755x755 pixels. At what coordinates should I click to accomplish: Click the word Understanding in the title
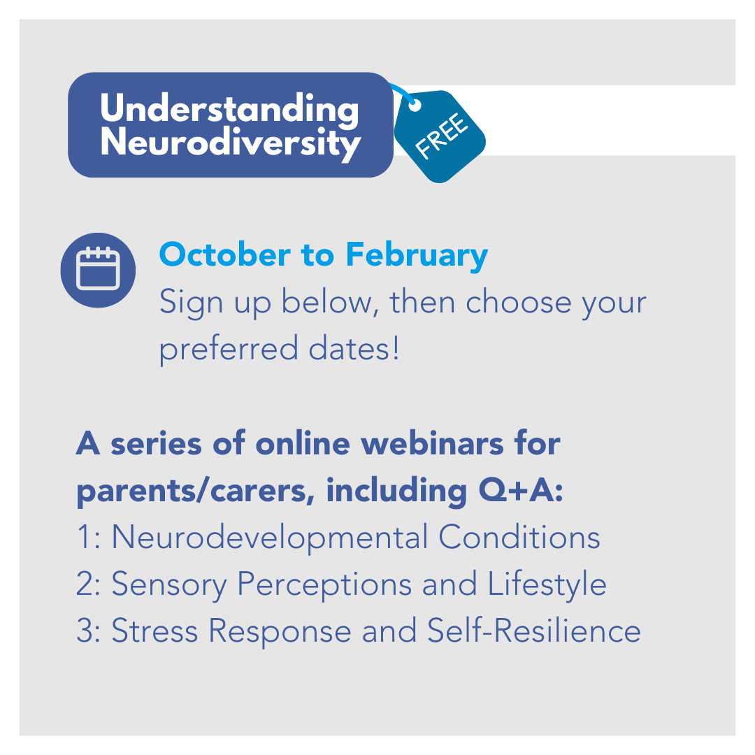click(229, 110)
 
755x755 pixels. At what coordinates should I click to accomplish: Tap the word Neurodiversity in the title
click(231, 143)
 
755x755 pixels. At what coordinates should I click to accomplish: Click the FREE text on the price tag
click(442, 136)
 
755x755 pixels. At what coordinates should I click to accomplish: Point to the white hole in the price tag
click(415, 105)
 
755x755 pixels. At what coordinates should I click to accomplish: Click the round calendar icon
click(98, 270)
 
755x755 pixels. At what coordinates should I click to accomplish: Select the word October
click(225, 254)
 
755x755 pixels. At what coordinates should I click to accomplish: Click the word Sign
click(191, 303)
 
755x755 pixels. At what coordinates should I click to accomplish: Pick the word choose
click(518, 302)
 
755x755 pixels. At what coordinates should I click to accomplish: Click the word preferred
click(229, 349)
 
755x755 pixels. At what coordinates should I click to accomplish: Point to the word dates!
click(354, 348)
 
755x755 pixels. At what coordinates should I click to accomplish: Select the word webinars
click(432, 443)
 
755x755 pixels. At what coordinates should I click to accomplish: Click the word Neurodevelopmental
click(270, 538)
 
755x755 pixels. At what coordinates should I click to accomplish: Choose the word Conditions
click(519, 536)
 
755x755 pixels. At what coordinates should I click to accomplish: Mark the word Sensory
click(169, 584)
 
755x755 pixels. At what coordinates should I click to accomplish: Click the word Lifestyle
click(547, 584)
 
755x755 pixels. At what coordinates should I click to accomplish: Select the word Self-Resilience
click(534, 631)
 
